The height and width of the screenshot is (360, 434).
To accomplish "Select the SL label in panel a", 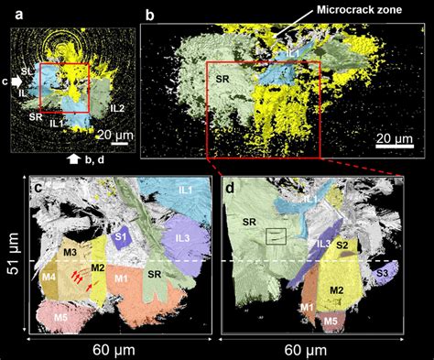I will pyautogui.click(x=28, y=69).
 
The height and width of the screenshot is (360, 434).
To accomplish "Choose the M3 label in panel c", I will pyautogui.click(x=69, y=252).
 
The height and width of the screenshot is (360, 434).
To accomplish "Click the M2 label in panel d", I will pyautogui.click(x=336, y=290).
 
